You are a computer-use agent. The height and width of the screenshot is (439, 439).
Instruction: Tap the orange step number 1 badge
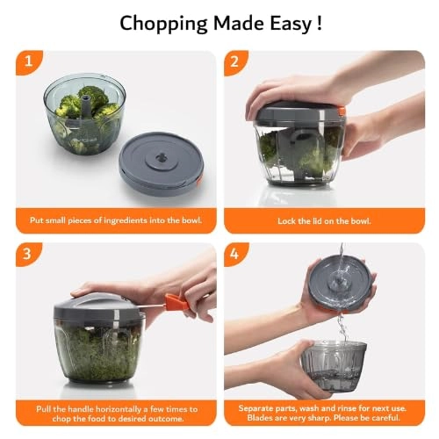click(28, 63)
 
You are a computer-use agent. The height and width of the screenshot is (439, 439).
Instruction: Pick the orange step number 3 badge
click(28, 255)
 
